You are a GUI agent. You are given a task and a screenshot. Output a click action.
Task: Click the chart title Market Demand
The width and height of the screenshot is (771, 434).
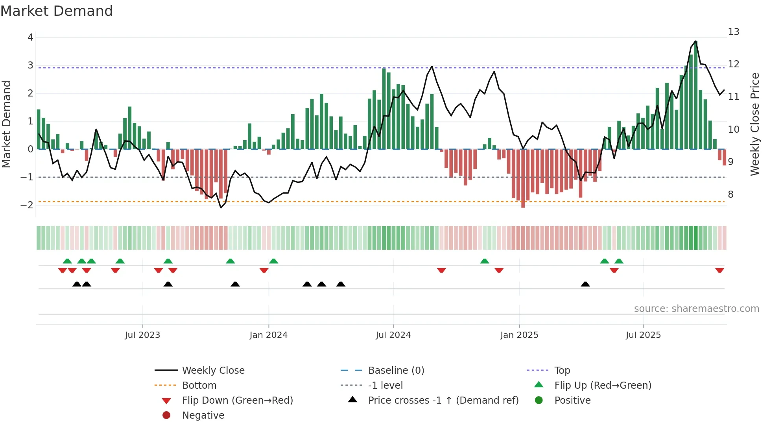pyautogui.click(x=57, y=11)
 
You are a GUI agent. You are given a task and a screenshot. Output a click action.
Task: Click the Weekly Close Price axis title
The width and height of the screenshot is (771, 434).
pyautogui.click(x=754, y=124)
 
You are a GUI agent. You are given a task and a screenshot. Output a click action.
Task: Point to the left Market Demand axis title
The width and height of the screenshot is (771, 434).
pyautogui.click(x=6, y=124)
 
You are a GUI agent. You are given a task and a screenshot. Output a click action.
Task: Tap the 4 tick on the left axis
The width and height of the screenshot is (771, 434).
pyautogui.click(x=30, y=37)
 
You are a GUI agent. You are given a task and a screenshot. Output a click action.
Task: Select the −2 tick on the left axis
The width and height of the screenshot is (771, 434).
pyautogui.click(x=28, y=205)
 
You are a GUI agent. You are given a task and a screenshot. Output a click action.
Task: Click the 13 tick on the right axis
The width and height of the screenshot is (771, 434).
pyautogui.click(x=733, y=32)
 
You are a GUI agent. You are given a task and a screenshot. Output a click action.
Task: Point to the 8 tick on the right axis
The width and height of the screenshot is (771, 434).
pyautogui.click(x=730, y=195)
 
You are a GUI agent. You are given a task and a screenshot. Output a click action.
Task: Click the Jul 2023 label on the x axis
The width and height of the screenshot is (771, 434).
pyautogui.click(x=142, y=335)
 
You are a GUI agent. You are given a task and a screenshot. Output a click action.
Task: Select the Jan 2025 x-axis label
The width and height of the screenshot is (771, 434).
pyautogui.click(x=519, y=335)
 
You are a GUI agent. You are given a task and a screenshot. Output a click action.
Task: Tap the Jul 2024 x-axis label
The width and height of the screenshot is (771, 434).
pyautogui.click(x=393, y=335)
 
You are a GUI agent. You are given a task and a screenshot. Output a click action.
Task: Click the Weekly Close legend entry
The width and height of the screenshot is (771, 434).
pyautogui.click(x=213, y=371)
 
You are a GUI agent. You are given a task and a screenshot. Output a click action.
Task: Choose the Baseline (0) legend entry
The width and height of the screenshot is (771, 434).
pyautogui.click(x=396, y=371)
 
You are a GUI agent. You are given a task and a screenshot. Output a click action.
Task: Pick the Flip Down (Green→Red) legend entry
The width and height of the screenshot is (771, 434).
pyautogui.click(x=237, y=401)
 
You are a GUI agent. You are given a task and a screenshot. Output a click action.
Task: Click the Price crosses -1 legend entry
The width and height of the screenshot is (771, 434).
pyautogui.click(x=443, y=401)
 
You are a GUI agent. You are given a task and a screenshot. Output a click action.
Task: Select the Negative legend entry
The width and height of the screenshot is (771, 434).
pyautogui.click(x=203, y=415)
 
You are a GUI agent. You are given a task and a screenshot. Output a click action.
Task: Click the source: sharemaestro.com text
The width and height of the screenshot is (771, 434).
pyautogui.click(x=696, y=309)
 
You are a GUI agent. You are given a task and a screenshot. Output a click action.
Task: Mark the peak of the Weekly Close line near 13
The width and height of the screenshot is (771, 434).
pyautogui.click(x=695, y=41)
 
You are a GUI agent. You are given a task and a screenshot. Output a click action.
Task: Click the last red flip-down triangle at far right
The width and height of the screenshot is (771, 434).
pyautogui.click(x=719, y=270)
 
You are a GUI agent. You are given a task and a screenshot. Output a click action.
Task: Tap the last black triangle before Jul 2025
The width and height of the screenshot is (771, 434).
pyautogui.click(x=585, y=284)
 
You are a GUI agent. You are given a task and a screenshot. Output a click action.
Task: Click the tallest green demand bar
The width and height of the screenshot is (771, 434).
pyautogui.click(x=695, y=95)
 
